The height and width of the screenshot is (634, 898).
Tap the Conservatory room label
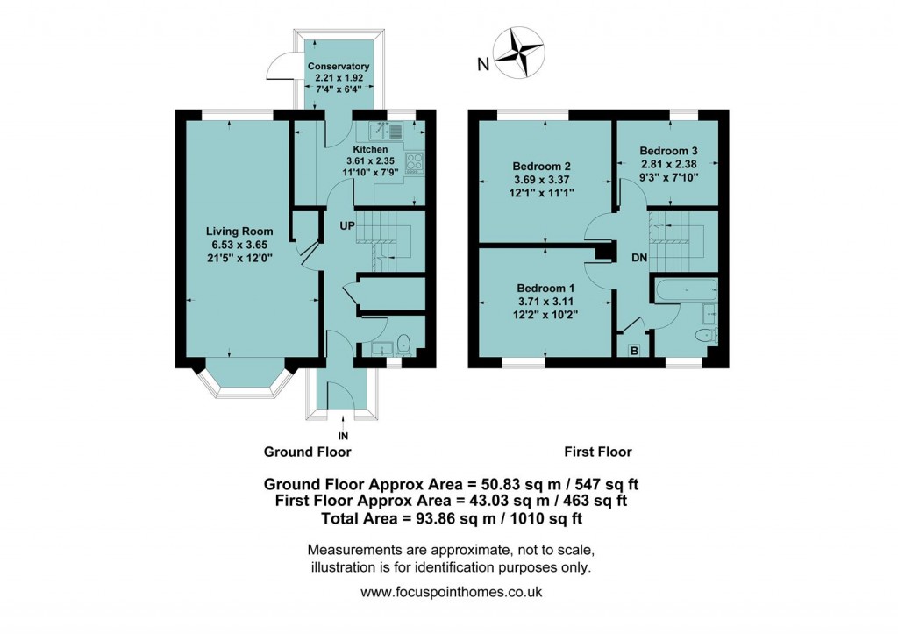[x=338, y=67]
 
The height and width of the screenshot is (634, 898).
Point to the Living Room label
[x=234, y=232]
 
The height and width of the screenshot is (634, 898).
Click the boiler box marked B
[x=634, y=351]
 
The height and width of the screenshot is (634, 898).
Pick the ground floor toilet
[x=404, y=343]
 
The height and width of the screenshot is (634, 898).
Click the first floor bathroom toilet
[x=703, y=336]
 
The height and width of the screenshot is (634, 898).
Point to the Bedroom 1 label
[x=545, y=289]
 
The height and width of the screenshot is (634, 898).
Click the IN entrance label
[x=342, y=434]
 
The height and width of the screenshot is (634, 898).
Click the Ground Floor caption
[x=307, y=452]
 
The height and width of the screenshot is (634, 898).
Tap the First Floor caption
[x=597, y=452]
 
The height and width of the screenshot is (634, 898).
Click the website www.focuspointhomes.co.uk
[x=452, y=592]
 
